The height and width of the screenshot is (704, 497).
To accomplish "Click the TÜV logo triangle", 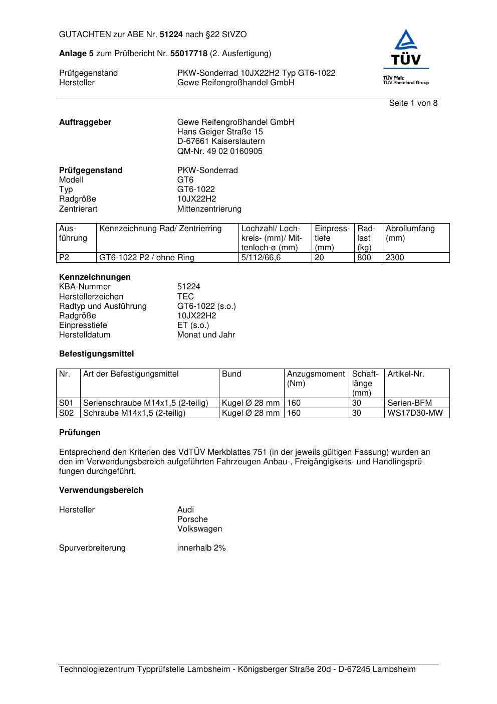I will point(405,42).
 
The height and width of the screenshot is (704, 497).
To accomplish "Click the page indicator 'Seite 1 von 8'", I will point(413,103).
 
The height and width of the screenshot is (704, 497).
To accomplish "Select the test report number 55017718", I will point(189,54).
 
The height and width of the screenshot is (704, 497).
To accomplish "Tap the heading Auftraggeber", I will point(85,122).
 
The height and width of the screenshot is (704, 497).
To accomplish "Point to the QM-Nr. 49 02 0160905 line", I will point(219,151).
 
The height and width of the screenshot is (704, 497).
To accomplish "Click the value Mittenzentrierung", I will point(209,209).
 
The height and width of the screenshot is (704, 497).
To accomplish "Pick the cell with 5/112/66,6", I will point(261,258).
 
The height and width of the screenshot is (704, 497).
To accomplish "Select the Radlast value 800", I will point(364,258).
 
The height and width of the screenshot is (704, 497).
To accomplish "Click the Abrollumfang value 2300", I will point(395,258).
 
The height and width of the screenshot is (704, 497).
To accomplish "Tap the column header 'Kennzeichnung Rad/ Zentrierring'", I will point(160,229).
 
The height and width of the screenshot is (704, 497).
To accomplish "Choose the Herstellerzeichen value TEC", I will point(185,296).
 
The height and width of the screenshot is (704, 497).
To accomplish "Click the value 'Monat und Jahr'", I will point(206,334).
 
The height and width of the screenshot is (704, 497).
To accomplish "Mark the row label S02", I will point(66,413).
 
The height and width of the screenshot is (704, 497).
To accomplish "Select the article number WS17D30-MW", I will point(415,413).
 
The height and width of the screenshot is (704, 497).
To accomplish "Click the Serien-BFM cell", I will point(409,403).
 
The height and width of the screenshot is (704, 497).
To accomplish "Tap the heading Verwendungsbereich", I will point(101,490).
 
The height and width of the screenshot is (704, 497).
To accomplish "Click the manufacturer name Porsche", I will point(192,519).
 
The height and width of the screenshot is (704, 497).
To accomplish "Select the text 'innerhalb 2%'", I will point(201,548).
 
